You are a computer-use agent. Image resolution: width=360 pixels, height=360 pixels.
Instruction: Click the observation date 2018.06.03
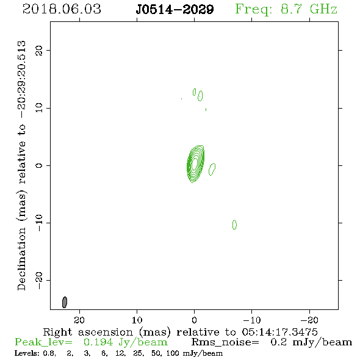pyautogui.click(x=62, y=9)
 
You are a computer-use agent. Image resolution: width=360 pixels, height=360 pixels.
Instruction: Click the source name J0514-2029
pyautogui.click(x=175, y=10)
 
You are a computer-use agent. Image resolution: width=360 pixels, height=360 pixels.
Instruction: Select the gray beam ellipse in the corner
pyautogui.click(x=65, y=302)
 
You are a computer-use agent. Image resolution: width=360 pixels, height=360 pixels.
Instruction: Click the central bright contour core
pyautogui.click(x=195, y=164)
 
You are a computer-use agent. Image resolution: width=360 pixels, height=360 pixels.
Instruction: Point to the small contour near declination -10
pyautogui.click(x=234, y=225)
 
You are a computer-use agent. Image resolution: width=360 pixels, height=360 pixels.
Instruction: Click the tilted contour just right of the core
pyautogui.click(x=212, y=169)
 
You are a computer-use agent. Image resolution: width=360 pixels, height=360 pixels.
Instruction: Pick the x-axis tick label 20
pyautogui.click(x=79, y=320)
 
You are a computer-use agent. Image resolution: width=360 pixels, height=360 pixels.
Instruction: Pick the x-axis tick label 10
pyautogui.click(x=137, y=320)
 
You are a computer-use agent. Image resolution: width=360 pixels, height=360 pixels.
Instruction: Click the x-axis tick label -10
pyautogui.click(x=252, y=320)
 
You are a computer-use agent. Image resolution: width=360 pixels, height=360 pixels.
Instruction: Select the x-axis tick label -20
pyautogui.click(x=309, y=320)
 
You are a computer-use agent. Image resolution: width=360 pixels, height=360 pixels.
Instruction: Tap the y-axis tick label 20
pyautogui.click(x=39, y=50)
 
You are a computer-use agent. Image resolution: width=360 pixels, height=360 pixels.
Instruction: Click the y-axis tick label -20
pyautogui.click(x=39, y=281)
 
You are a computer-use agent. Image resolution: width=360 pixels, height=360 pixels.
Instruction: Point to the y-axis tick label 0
pyautogui.click(x=39, y=165)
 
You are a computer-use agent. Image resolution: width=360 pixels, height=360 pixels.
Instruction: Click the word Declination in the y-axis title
pyautogui.click(x=21, y=259)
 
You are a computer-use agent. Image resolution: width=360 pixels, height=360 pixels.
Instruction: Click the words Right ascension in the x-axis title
pyautogui.click(x=88, y=332)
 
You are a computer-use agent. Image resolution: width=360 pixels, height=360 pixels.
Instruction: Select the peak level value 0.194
pyautogui.click(x=98, y=342)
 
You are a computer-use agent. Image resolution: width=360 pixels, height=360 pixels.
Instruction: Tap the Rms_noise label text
pyautogui.click(x=225, y=342)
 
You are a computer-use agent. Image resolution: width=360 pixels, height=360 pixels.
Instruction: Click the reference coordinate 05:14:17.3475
pyautogui.click(x=279, y=332)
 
